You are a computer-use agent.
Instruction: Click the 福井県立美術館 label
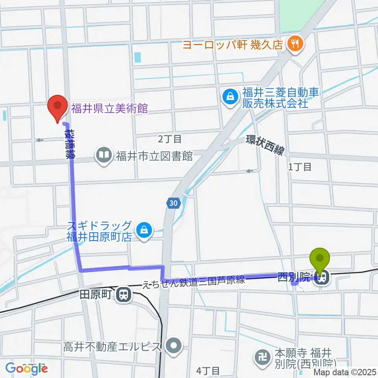pos(109,108)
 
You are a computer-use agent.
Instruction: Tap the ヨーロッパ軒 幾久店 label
pos(233,44)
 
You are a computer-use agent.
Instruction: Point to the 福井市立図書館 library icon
pos(104,155)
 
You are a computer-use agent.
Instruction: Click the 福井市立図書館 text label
pos(154,156)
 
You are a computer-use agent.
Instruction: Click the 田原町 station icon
pos(124,294)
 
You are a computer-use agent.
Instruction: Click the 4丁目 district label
pos(207,370)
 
